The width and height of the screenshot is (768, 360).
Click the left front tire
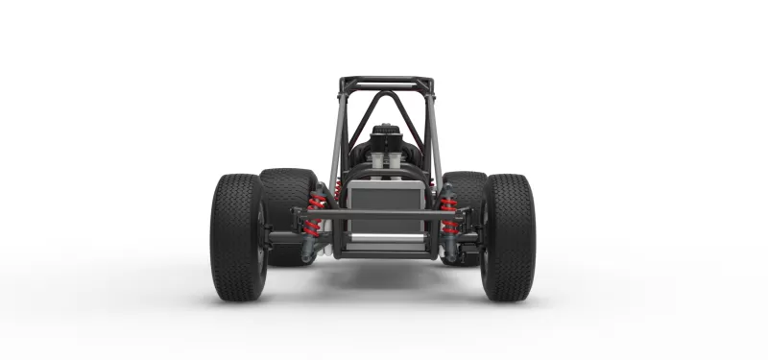coord(236,236)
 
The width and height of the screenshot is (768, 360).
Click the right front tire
coord(508,236)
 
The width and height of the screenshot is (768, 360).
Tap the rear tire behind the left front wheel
coord(285,192)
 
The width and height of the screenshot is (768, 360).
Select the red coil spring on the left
coord(315,216)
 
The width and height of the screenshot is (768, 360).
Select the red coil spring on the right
coord(447,216)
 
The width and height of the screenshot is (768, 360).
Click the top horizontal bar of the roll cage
coord(385,84)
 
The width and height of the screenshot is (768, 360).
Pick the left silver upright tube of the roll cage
coord(336,134)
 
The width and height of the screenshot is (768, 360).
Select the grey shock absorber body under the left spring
coord(308,248)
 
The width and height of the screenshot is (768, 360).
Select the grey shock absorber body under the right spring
coord(451,248)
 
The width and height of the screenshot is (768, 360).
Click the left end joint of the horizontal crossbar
coord(299,213)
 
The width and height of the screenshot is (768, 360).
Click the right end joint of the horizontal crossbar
coord(465,213)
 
